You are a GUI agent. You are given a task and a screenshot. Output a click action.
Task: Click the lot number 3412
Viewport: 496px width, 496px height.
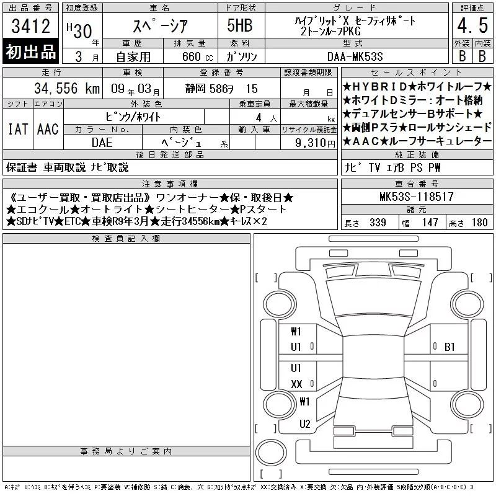tap(30, 25)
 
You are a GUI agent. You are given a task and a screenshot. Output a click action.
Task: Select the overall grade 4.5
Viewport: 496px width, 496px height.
tap(472, 25)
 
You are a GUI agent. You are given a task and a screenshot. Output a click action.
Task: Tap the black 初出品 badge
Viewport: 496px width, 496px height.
tap(30, 51)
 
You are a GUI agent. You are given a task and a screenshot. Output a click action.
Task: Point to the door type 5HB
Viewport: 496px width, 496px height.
tap(240, 25)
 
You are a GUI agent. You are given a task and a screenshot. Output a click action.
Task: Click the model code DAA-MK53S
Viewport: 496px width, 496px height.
tap(355, 56)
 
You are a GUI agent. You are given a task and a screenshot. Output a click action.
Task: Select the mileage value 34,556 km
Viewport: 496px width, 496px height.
tap(67, 89)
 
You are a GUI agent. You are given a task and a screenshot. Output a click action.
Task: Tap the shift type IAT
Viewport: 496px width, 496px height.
tap(18, 129)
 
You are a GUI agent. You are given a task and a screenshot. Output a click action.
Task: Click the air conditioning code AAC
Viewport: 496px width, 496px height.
tap(48, 129)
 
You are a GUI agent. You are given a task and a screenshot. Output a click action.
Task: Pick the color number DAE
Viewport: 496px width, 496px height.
tap(102, 143)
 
